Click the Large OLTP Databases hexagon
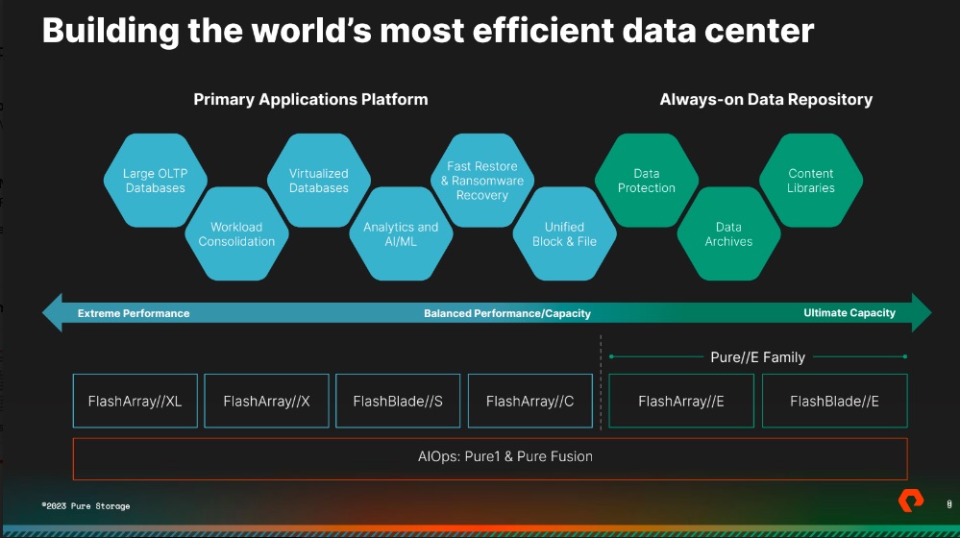(x=155, y=181)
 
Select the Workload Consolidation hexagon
(x=236, y=233)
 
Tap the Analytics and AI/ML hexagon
(x=401, y=233)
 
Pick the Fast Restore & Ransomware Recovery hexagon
(x=482, y=181)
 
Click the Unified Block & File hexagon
(x=564, y=233)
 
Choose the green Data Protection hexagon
(x=647, y=181)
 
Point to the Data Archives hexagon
(x=728, y=233)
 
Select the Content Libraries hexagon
(x=811, y=181)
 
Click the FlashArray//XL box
(x=135, y=401)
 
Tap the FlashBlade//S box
(x=398, y=401)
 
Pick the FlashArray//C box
(x=530, y=401)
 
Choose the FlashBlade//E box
(x=834, y=401)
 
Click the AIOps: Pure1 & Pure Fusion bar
(x=490, y=459)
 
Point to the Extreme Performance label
(x=134, y=313)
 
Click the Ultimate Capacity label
(x=849, y=313)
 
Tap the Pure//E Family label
(x=757, y=357)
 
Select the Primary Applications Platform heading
(x=310, y=99)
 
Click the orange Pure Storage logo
(x=911, y=501)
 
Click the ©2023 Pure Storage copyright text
(x=86, y=506)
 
